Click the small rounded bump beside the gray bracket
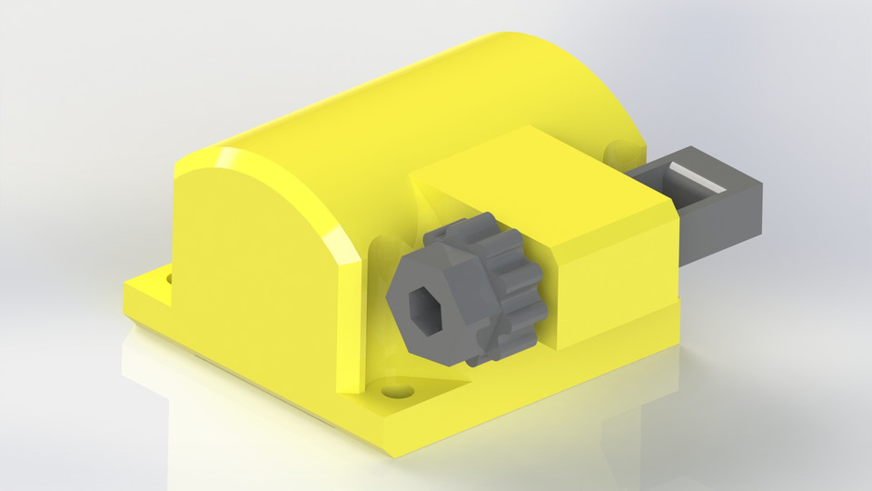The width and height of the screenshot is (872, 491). point(615,147)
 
